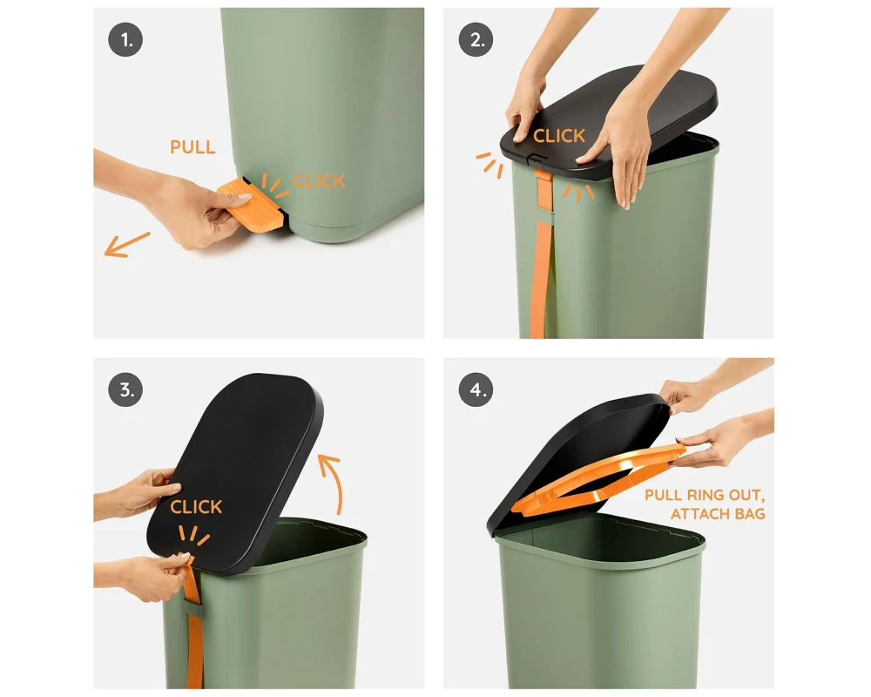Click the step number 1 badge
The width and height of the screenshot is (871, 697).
[x=125, y=40]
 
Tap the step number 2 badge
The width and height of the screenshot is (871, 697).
[x=476, y=40]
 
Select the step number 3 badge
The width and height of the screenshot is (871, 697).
[x=125, y=389]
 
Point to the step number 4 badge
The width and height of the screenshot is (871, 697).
[x=476, y=389]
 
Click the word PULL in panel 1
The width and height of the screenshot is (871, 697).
[x=192, y=147]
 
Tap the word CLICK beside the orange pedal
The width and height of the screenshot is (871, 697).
[x=319, y=181]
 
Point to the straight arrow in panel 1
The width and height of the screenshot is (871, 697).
[x=127, y=245]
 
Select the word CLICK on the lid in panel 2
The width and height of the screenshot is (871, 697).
[x=559, y=136]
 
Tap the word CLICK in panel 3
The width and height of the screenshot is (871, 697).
[x=196, y=507]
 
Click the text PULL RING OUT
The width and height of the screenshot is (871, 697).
[x=705, y=495]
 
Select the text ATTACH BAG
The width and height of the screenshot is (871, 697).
[x=718, y=513]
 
